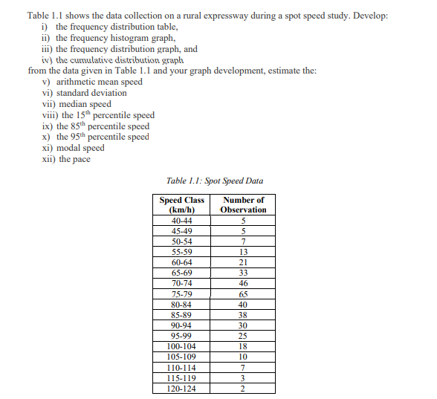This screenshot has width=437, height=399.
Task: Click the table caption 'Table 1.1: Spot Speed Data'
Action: coord(215,181)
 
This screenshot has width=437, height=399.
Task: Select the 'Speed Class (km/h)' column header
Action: coord(181,204)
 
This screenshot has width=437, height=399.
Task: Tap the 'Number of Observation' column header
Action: coord(243,204)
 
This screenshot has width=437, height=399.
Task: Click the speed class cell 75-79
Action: coord(181,294)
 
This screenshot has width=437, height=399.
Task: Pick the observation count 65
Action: coord(243,294)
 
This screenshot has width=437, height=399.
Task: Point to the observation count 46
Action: coord(243,284)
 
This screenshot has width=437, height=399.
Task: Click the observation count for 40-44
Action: coord(243,221)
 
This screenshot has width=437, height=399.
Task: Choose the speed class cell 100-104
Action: coord(181,346)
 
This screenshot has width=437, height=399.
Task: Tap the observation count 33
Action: coord(243,273)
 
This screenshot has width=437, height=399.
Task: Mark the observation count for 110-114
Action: coord(243,367)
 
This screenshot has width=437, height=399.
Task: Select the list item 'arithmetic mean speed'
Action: coord(99,82)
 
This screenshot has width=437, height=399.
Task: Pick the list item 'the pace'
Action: coord(74,159)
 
